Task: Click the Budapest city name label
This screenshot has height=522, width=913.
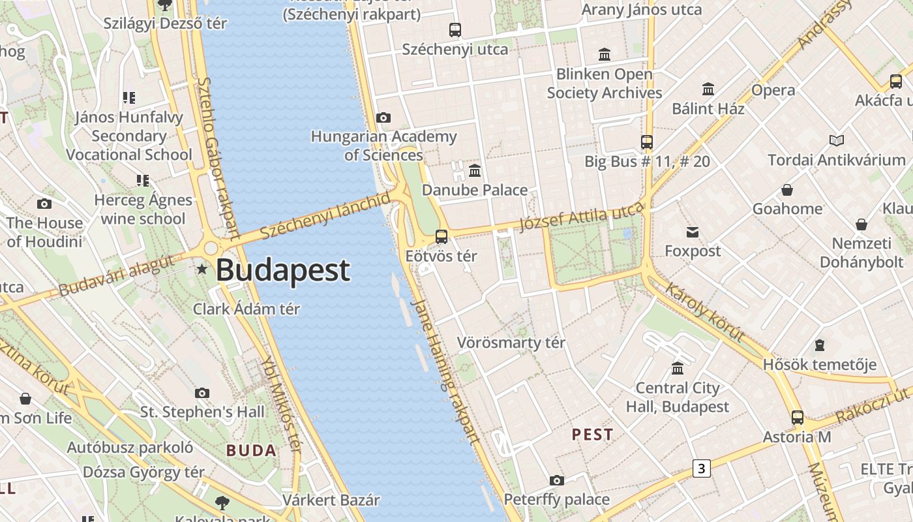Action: [283, 270]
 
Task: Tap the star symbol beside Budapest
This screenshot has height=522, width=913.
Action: [202, 269]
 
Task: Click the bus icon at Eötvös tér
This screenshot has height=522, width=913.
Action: [442, 236]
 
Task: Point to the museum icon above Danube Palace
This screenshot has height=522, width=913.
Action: [475, 171]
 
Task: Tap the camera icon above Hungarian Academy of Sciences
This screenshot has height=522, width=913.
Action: [383, 117]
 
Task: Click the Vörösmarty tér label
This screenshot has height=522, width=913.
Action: [511, 343]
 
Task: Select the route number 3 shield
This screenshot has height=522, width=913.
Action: [701, 468]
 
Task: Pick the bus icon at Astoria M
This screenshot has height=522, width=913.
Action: [797, 418]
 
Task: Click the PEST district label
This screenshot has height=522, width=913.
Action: [592, 435]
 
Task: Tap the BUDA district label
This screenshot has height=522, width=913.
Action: [252, 450]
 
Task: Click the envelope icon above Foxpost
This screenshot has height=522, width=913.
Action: [692, 232]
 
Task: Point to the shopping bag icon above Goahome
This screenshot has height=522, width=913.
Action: [787, 190]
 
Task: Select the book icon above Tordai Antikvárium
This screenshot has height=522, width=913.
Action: [836, 140]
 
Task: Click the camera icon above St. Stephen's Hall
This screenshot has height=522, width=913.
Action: [202, 393]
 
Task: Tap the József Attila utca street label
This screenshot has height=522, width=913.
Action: [582, 216]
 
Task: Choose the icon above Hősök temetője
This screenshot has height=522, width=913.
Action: [820, 345]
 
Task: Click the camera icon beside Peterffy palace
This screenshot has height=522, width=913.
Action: [556, 481]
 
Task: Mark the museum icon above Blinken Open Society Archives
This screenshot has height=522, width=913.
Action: [605, 55]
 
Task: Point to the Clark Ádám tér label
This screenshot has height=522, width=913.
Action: [247, 309]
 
